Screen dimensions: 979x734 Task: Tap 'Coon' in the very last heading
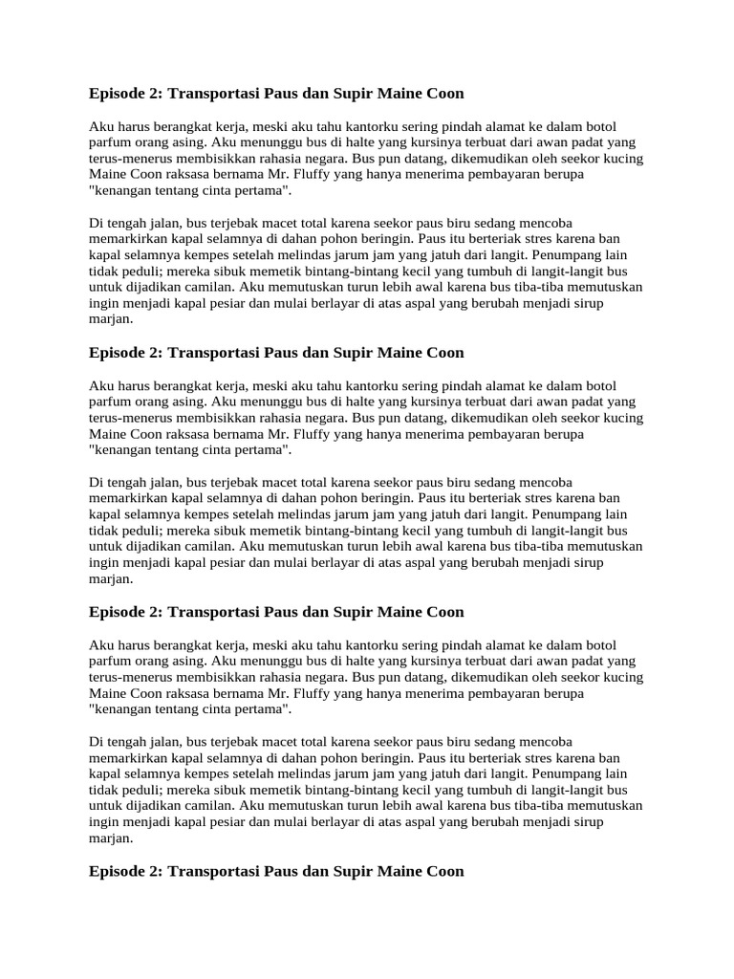coord(444,871)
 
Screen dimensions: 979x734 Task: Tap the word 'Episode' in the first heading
coord(115,94)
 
